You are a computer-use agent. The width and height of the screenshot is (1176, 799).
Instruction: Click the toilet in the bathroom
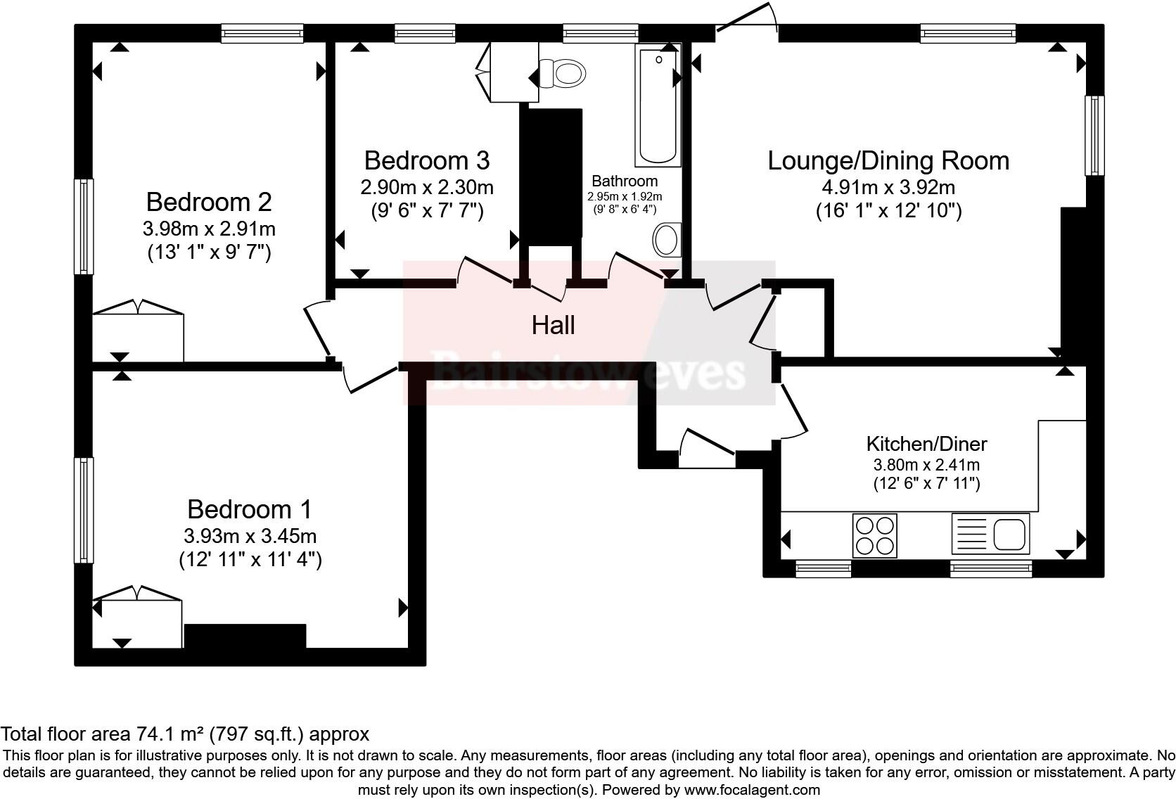tap(563, 72)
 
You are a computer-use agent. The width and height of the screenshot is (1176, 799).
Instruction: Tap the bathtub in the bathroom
tap(658, 106)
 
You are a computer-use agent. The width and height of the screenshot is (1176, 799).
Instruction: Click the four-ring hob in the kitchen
tap(874, 535)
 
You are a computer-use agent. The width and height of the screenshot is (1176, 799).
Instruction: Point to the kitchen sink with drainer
tap(990, 533)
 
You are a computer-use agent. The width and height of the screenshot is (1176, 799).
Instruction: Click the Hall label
tap(553, 326)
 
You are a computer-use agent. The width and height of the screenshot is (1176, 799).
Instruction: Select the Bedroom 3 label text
tap(426, 161)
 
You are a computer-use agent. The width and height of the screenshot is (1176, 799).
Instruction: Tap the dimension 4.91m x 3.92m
tap(888, 188)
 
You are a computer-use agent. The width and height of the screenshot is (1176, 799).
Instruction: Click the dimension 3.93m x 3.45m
tap(250, 537)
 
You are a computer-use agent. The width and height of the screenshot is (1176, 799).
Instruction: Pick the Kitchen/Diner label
tap(926, 445)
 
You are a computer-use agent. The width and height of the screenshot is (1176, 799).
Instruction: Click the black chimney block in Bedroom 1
tap(245, 636)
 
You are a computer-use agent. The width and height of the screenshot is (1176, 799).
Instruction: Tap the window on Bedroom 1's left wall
tap(84, 510)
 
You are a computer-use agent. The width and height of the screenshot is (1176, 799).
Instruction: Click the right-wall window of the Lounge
tap(1094, 135)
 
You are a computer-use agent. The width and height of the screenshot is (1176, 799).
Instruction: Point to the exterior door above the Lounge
tap(746, 20)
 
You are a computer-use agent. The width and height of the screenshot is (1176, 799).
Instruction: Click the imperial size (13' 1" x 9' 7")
tap(209, 253)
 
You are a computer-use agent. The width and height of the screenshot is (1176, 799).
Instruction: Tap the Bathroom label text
tap(625, 181)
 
